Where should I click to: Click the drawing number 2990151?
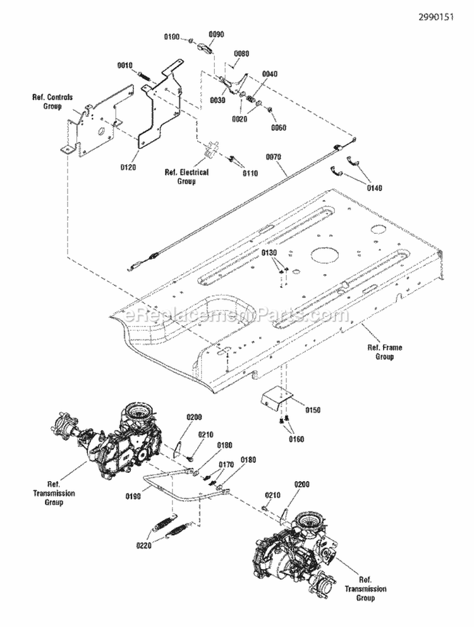coord(435,17)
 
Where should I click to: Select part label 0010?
coord(125,65)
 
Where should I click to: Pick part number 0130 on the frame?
coord(270,253)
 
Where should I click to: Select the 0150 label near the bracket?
coord(313,410)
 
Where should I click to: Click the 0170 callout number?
coord(227,465)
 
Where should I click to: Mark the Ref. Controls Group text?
coord(52,102)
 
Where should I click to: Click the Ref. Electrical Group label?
coord(186,176)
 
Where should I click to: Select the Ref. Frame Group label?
coord(384,352)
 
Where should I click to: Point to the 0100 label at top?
coord(172,37)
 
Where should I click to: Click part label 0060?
coord(278,128)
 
